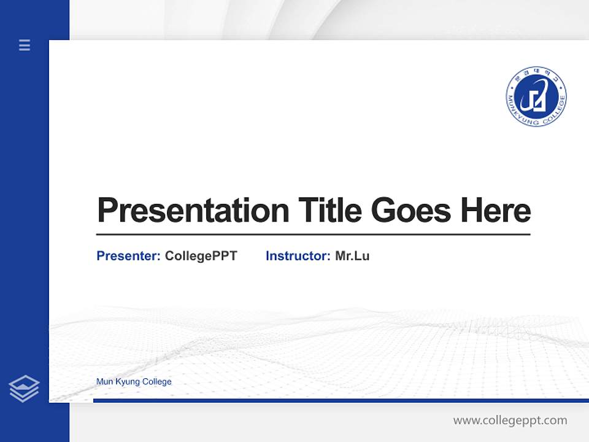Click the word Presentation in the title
pyautogui.click(x=193, y=211)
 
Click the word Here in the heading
pyautogui.click(x=495, y=211)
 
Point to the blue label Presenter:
pyautogui.click(x=128, y=256)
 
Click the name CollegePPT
pyautogui.click(x=201, y=256)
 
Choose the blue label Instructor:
pyautogui.click(x=298, y=256)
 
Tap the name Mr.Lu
pyautogui.click(x=352, y=256)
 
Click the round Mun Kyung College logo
pyautogui.click(x=536, y=97)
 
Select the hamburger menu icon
pyautogui.click(x=25, y=45)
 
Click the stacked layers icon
pyautogui.click(x=24, y=389)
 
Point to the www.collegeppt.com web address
pyautogui.click(x=510, y=421)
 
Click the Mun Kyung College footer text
pyautogui.click(x=134, y=382)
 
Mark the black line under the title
pyautogui.click(x=313, y=235)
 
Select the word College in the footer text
pyautogui.click(x=156, y=382)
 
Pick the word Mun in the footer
pyautogui.click(x=104, y=382)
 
